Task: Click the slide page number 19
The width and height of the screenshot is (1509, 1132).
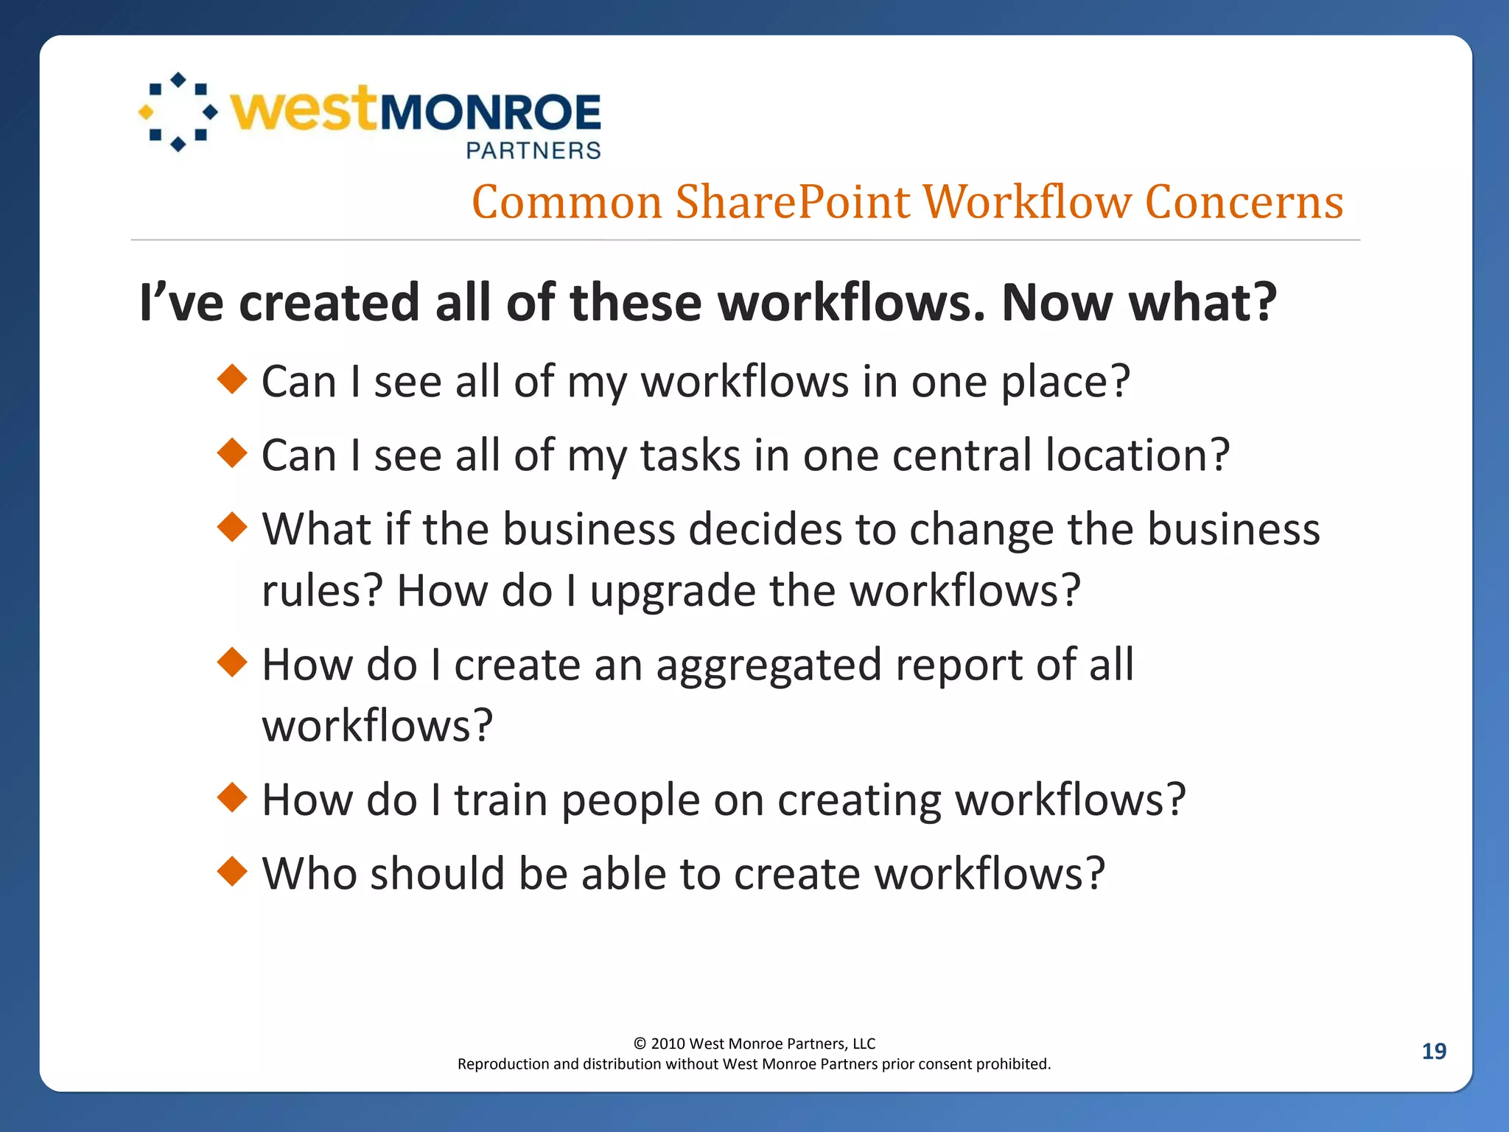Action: click(1433, 1051)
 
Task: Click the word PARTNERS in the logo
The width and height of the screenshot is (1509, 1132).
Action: click(533, 150)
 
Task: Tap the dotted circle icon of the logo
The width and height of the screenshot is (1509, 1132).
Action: click(178, 112)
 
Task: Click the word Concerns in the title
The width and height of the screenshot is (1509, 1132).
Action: click(1244, 202)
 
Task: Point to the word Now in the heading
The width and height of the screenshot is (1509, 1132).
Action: click(1057, 303)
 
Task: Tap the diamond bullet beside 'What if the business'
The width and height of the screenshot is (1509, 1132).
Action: click(233, 527)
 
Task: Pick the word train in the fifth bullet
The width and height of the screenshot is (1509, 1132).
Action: click(500, 800)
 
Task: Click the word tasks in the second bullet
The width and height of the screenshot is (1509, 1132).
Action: click(690, 455)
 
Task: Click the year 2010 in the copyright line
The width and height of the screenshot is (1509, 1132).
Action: click(668, 1044)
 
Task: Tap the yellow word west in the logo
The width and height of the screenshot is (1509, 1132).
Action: click(304, 111)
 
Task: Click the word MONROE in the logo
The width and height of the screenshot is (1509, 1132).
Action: click(490, 113)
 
